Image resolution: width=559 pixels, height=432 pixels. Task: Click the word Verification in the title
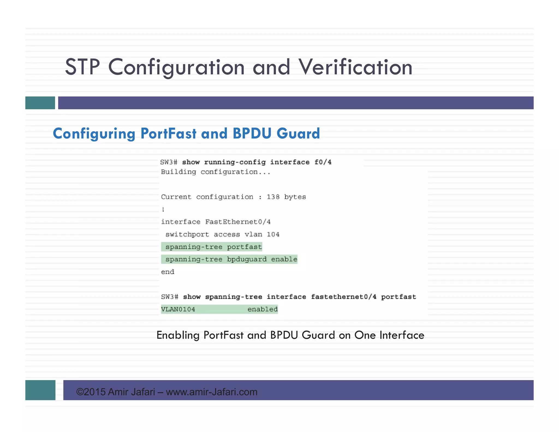pos(355,67)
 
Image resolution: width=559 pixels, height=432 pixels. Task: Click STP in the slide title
pos(82,67)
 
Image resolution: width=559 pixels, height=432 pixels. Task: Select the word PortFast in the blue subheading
pos(168,134)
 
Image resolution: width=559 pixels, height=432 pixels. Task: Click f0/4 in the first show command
pos(323,162)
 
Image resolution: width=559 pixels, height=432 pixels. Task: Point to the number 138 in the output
pos(273,197)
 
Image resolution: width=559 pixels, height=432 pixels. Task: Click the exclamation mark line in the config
pos(163,209)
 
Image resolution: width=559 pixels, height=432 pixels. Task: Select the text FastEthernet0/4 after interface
pos(238,222)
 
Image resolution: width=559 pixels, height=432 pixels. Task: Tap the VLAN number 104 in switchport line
pos(273,234)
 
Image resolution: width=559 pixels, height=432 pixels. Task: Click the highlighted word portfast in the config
pos(244,247)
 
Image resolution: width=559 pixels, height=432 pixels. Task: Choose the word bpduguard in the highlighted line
pos(247,259)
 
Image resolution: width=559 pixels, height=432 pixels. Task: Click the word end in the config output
pos(168,272)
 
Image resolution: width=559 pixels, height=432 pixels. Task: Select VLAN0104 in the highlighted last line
pos(178,309)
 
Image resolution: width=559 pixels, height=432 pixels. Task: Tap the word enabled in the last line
pos(262,309)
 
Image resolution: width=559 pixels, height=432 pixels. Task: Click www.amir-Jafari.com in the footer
pos(212,392)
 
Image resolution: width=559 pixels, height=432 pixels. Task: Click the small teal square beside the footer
pos(40,390)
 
